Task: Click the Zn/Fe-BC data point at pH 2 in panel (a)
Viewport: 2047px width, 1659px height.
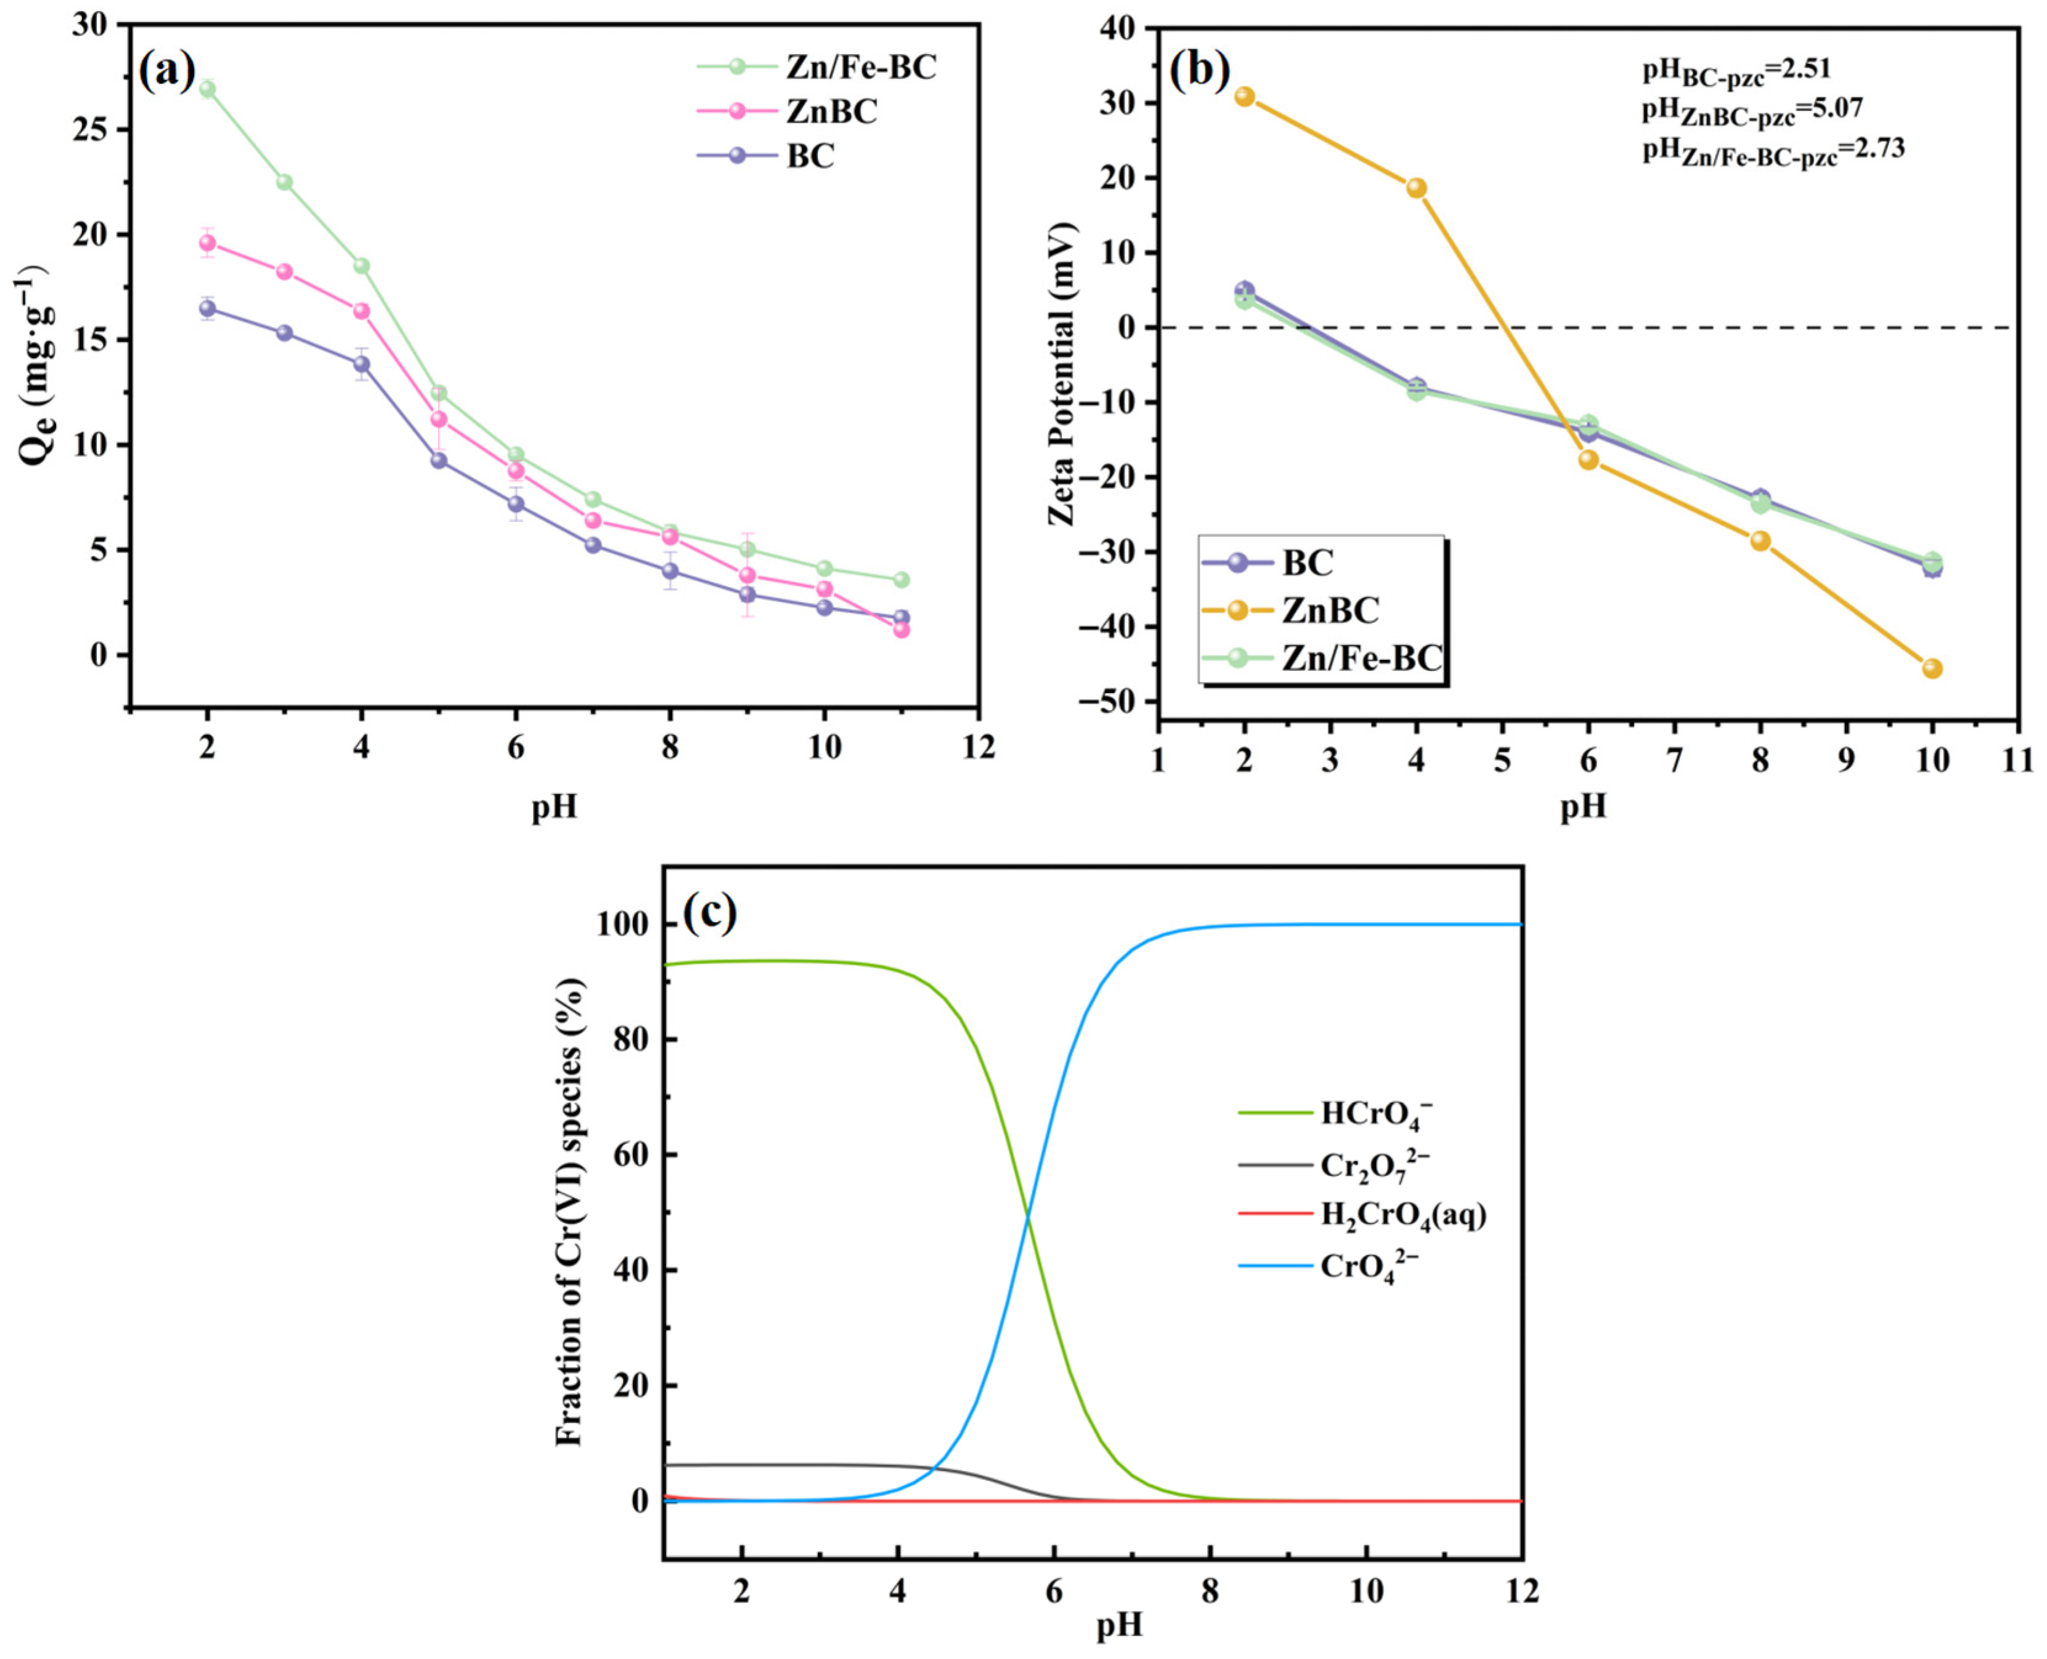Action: tap(208, 89)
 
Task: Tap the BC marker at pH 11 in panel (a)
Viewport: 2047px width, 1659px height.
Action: tap(901, 617)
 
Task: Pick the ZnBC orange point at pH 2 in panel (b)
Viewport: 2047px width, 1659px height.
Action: tap(1244, 97)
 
